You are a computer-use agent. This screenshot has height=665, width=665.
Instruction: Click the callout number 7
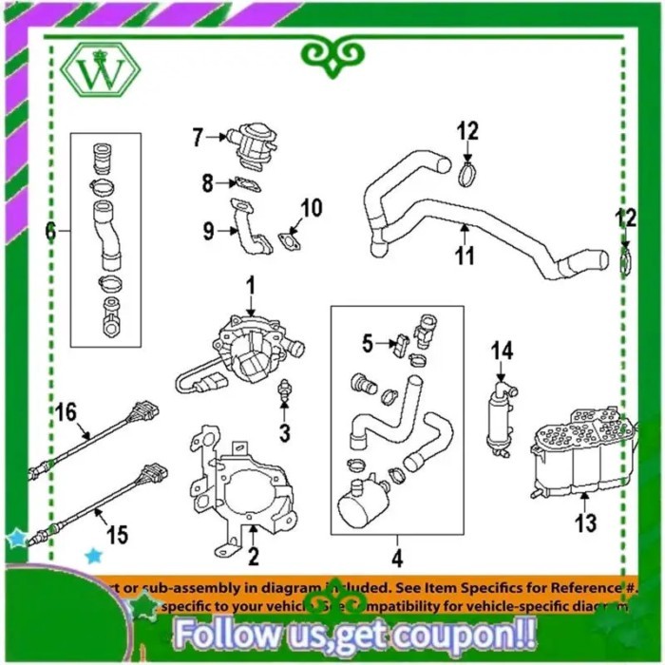click(198, 138)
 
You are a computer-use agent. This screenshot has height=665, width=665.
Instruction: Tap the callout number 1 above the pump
click(252, 284)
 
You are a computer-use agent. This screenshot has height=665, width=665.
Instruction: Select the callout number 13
click(586, 522)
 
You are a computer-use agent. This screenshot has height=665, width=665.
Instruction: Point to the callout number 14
click(501, 351)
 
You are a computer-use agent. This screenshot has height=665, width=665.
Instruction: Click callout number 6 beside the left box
click(51, 230)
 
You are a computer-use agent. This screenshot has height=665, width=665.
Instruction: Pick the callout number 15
click(116, 535)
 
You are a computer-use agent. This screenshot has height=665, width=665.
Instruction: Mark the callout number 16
click(65, 411)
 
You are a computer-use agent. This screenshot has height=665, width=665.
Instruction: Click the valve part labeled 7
click(248, 142)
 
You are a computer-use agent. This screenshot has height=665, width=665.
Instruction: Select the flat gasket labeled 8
click(246, 182)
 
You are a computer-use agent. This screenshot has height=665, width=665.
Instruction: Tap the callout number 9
click(208, 229)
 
